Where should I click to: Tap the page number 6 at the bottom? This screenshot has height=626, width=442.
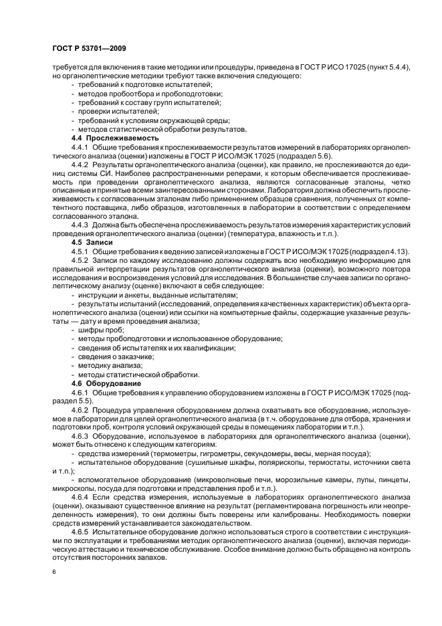[54, 572]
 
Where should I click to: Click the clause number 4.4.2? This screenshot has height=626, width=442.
[80, 163]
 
